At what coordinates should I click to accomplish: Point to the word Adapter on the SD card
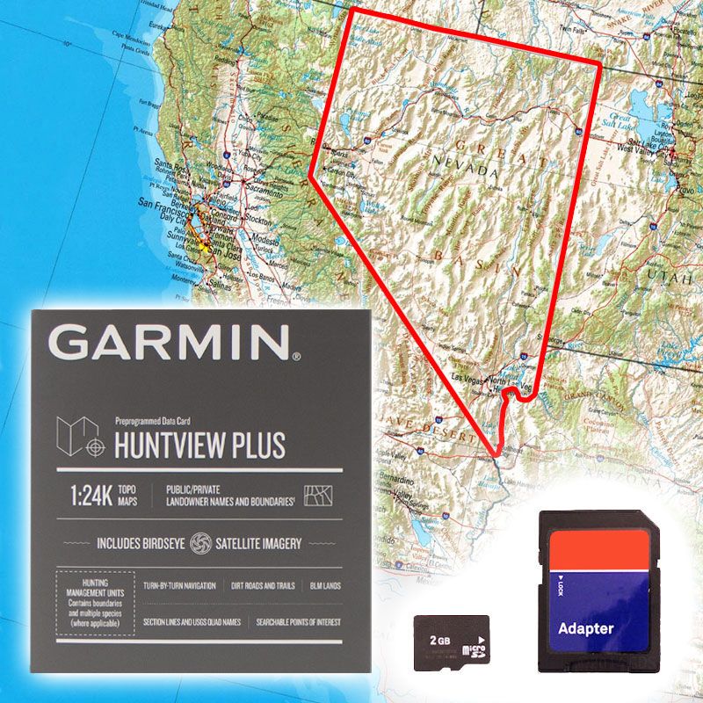point(586,628)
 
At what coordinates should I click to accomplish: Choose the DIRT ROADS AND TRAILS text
point(262,585)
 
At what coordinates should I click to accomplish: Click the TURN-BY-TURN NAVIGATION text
point(179,585)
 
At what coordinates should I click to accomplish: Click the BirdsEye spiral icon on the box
point(201,543)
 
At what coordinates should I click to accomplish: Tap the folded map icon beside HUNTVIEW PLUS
point(73,437)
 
